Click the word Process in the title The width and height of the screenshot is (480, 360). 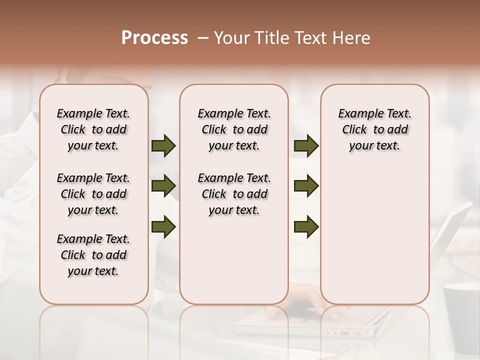click(x=154, y=38)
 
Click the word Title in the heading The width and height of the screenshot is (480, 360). click(x=271, y=38)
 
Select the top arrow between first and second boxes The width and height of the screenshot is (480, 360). click(x=163, y=145)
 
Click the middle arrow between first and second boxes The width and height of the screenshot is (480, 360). click(x=163, y=186)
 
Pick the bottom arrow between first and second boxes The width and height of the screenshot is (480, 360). click(x=163, y=226)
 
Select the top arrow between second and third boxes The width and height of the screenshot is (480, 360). click(x=306, y=145)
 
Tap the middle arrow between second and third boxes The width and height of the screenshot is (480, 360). click(x=306, y=186)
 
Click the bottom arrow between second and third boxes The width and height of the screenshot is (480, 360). click(x=306, y=226)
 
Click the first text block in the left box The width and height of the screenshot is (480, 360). click(x=93, y=129)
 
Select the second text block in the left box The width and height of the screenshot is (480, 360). click(x=93, y=194)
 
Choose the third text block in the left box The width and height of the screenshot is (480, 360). click(x=93, y=255)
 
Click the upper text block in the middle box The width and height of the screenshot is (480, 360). click(x=234, y=129)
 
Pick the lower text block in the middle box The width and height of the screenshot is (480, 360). click(x=234, y=194)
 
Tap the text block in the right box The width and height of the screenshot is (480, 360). click(x=374, y=129)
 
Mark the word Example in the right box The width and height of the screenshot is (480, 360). click(x=356, y=113)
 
